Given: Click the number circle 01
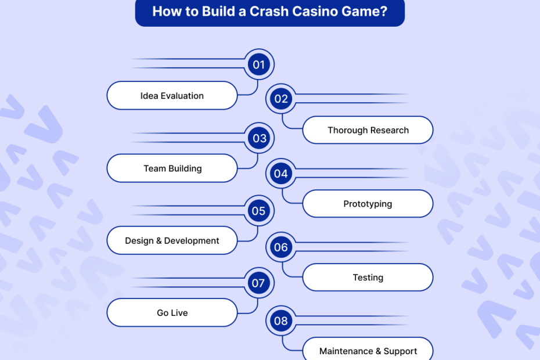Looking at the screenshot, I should (259, 64).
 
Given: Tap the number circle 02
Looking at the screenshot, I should (281, 99).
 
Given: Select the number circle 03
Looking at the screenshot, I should (259, 138).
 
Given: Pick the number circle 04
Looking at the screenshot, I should (281, 173).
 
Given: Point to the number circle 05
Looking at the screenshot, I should (259, 211).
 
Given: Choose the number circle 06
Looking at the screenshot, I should (281, 247).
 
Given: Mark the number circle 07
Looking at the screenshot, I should (259, 283).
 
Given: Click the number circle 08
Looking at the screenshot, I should (281, 321).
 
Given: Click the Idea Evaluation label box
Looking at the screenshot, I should (172, 96).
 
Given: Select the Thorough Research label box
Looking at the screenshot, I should (368, 130).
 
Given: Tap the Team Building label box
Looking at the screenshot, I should (172, 168).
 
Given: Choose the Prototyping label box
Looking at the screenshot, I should (368, 204).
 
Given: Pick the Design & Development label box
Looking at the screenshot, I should (172, 240).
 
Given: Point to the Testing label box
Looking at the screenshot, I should (368, 278).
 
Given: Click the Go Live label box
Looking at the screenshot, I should (172, 313).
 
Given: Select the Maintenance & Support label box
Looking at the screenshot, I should (368, 351).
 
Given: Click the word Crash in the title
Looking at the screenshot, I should (267, 11).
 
